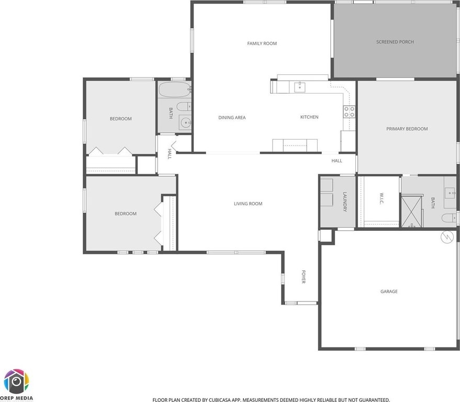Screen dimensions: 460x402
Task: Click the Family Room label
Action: pos(262,43)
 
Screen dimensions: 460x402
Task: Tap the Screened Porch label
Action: pos(395,42)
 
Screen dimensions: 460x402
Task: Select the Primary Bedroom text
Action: pos(407,129)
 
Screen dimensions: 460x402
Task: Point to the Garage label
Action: pos(389,292)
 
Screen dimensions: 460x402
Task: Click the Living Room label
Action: pos(248,204)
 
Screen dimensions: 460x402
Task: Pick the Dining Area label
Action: pos(232,118)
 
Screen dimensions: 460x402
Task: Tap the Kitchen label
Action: pos(309,117)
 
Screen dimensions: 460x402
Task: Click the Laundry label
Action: pos(345,202)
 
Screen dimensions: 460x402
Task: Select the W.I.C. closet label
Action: pos(382,199)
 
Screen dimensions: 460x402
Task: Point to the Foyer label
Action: pos(304,277)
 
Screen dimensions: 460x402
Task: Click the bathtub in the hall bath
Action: pos(175,90)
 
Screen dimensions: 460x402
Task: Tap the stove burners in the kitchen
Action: pos(349,111)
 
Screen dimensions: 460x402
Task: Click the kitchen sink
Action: pos(299,87)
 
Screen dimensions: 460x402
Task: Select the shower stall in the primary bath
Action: pos(412,211)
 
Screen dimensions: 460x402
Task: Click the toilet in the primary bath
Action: pos(449,218)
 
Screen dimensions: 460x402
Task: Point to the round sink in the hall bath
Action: pos(186,122)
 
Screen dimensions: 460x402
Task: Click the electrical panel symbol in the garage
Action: pos(447,237)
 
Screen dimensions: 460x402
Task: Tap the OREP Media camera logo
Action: pos(16,382)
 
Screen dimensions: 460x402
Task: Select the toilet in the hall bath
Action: pos(184,106)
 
